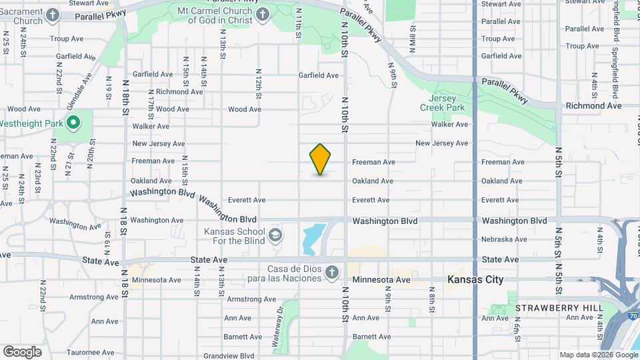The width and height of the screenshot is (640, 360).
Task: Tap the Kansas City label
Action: point(476,279)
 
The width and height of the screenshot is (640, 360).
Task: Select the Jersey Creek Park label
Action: point(441,102)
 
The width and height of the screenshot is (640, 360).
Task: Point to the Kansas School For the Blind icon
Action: point(275,235)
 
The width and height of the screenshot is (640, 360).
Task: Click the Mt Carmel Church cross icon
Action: point(263,15)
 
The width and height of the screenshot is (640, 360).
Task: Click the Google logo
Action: point(22,351)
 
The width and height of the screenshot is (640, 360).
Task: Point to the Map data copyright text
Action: point(599,355)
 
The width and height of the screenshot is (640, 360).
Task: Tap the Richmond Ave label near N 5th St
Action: point(593,106)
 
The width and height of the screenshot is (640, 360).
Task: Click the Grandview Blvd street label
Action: point(229,356)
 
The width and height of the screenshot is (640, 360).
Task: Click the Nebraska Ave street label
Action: point(504,239)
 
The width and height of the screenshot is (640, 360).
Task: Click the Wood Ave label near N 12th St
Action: point(245,109)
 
